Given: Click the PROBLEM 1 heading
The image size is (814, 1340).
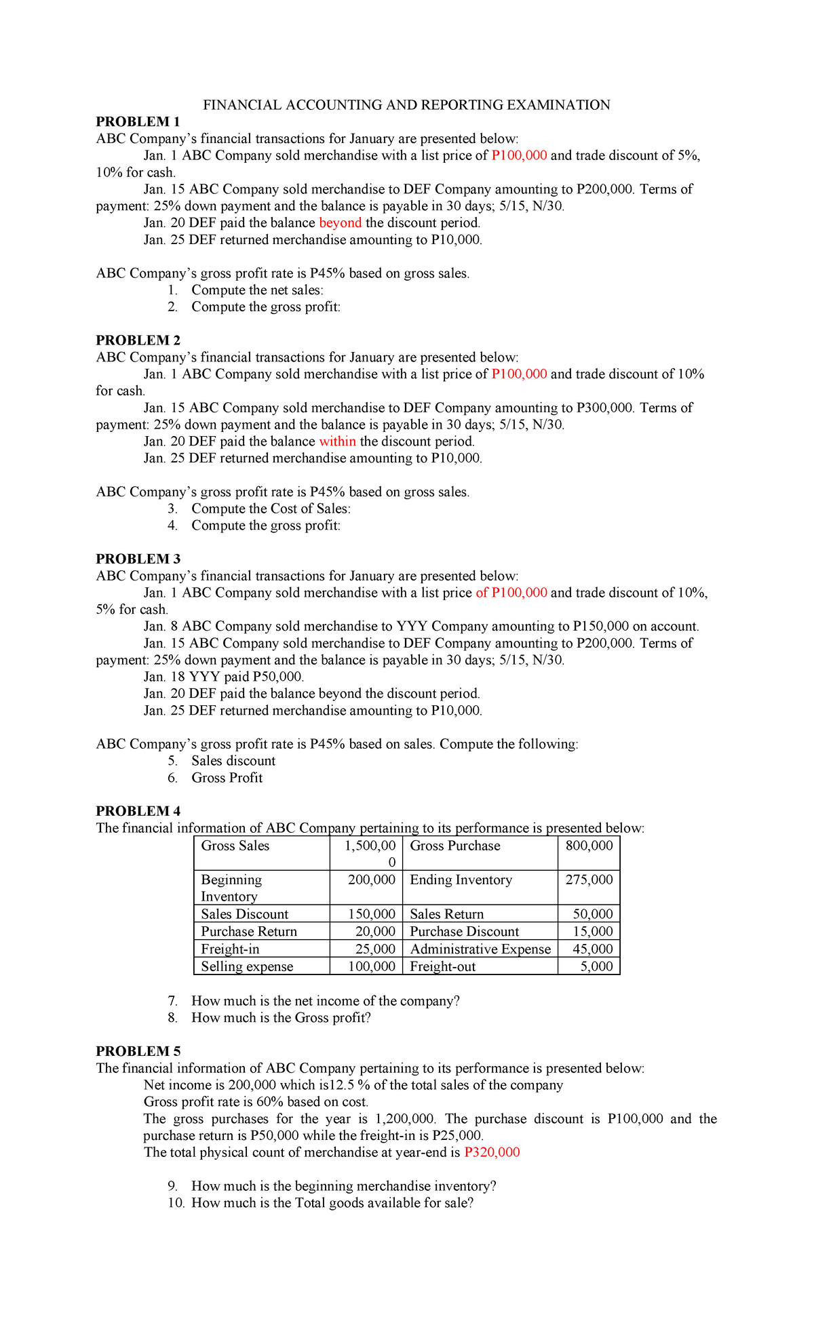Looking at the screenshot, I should click(x=138, y=121).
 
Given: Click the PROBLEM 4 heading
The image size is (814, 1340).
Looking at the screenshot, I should click(x=138, y=811).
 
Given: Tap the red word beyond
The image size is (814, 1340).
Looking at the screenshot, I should click(x=340, y=222).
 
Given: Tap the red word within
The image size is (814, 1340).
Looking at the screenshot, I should click(x=337, y=441).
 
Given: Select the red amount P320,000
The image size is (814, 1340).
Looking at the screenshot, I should click(x=492, y=1152).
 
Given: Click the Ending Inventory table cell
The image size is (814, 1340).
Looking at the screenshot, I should click(x=461, y=880).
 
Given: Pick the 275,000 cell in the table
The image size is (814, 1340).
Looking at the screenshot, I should click(x=589, y=880).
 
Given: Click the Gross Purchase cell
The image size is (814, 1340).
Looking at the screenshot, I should click(x=454, y=846).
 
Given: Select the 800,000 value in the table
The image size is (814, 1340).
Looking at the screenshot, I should click(x=589, y=846).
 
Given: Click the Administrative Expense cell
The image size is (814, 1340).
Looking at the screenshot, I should click(x=480, y=949).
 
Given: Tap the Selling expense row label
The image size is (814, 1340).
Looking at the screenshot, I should click(x=247, y=966).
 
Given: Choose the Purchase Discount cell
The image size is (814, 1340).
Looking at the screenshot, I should click(x=464, y=931).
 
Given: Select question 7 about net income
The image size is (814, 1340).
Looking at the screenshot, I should click(x=325, y=1000).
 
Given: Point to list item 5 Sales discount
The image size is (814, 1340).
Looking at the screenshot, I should click(x=233, y=760).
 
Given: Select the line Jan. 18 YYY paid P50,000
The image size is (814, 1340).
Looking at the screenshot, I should click(x=224, y=676).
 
